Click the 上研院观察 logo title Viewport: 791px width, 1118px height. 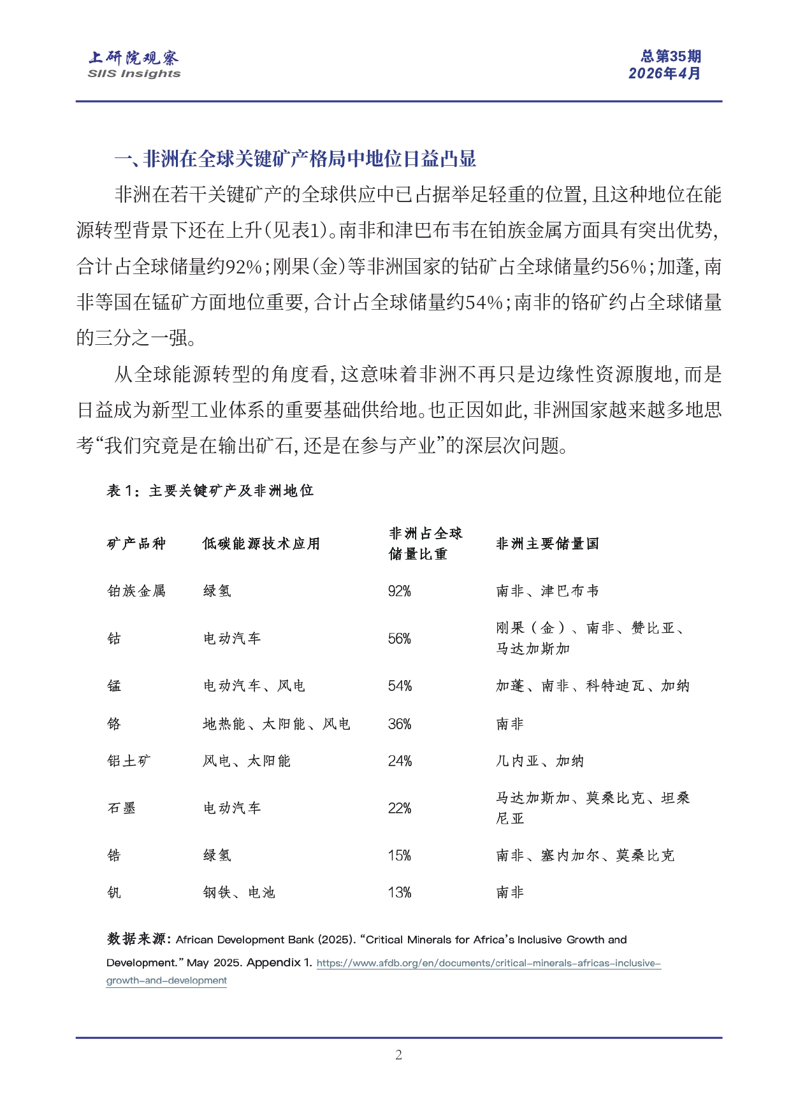(x=134, y=58)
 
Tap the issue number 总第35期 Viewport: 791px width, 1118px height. (x=671, y=57)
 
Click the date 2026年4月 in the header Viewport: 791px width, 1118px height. (x=664, y=74)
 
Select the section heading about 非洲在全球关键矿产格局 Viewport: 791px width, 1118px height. (x=295, y=159)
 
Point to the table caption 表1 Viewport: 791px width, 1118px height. (x=210, y=491)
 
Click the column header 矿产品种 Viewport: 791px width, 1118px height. (x=136, y=544)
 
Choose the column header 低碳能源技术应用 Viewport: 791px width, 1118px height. (x=261, y=544)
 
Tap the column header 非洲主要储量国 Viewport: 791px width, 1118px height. (x=548, y=544)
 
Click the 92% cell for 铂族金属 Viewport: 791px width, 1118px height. (x=400, y=592)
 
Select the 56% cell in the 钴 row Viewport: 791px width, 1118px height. (x=400, y=639)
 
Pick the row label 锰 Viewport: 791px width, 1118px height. (x=114, y=686)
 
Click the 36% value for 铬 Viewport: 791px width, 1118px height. (x=400, y=724)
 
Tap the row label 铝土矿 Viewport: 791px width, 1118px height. (x=129, y=761)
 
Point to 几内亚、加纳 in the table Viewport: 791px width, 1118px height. (x=540, y=761)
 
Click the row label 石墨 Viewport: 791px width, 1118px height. (x=121, y=808)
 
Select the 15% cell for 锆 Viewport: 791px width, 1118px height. (x=400, y=855)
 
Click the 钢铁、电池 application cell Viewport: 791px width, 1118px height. (x=239, y=892)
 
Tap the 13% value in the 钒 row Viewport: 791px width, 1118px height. (x=400, y=892)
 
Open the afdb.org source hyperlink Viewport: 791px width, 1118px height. (x=488, y=963)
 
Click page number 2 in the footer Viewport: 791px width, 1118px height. (x=398, y=1055)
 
